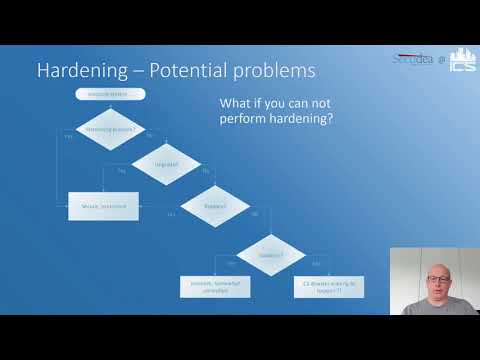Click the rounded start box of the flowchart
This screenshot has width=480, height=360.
point(110,94)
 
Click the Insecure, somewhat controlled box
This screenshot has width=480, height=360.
point(216,287)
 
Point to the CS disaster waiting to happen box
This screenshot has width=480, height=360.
point(328,287)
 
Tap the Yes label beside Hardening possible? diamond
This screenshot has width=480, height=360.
point(68,135)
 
